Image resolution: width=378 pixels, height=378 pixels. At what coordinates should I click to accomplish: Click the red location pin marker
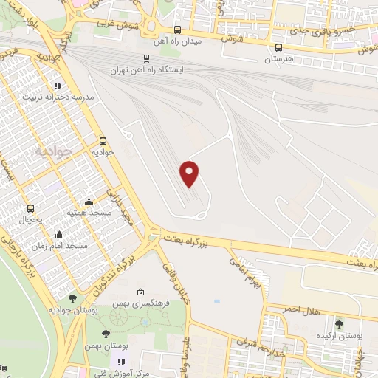[x=190, y=173]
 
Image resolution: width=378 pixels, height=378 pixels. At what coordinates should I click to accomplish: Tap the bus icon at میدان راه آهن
[x=176, y=30]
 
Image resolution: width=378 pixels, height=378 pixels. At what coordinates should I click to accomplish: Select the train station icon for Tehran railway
[x=146, y=58]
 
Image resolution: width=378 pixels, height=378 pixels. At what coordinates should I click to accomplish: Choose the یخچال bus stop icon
[x=31, y=209]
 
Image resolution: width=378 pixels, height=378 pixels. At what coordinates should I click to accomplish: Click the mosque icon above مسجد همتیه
[x=89, y=202]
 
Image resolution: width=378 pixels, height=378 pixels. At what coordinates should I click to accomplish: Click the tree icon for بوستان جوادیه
[x=72, y=298]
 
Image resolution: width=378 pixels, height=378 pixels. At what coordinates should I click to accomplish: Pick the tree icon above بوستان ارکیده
[x=339, y=323]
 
